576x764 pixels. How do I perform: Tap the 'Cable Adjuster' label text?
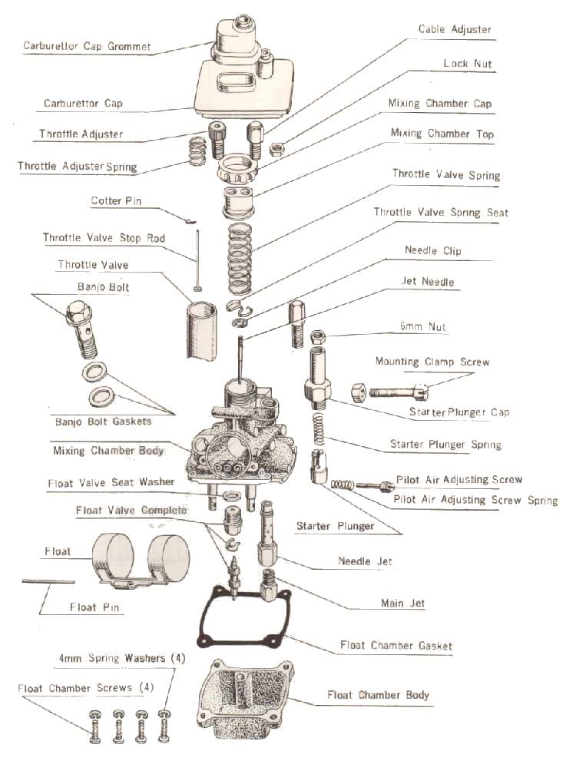point(455,30)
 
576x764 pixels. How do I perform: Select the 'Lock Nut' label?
point(467,64)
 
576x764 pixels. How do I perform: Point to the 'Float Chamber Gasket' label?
point(396,646)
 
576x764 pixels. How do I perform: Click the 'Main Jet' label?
point(402,604)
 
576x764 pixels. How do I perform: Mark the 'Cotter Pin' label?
point(116,201)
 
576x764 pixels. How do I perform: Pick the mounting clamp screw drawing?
point(390,392)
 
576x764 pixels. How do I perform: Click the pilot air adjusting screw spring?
point(343,485)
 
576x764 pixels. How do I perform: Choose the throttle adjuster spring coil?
point(198,151)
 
